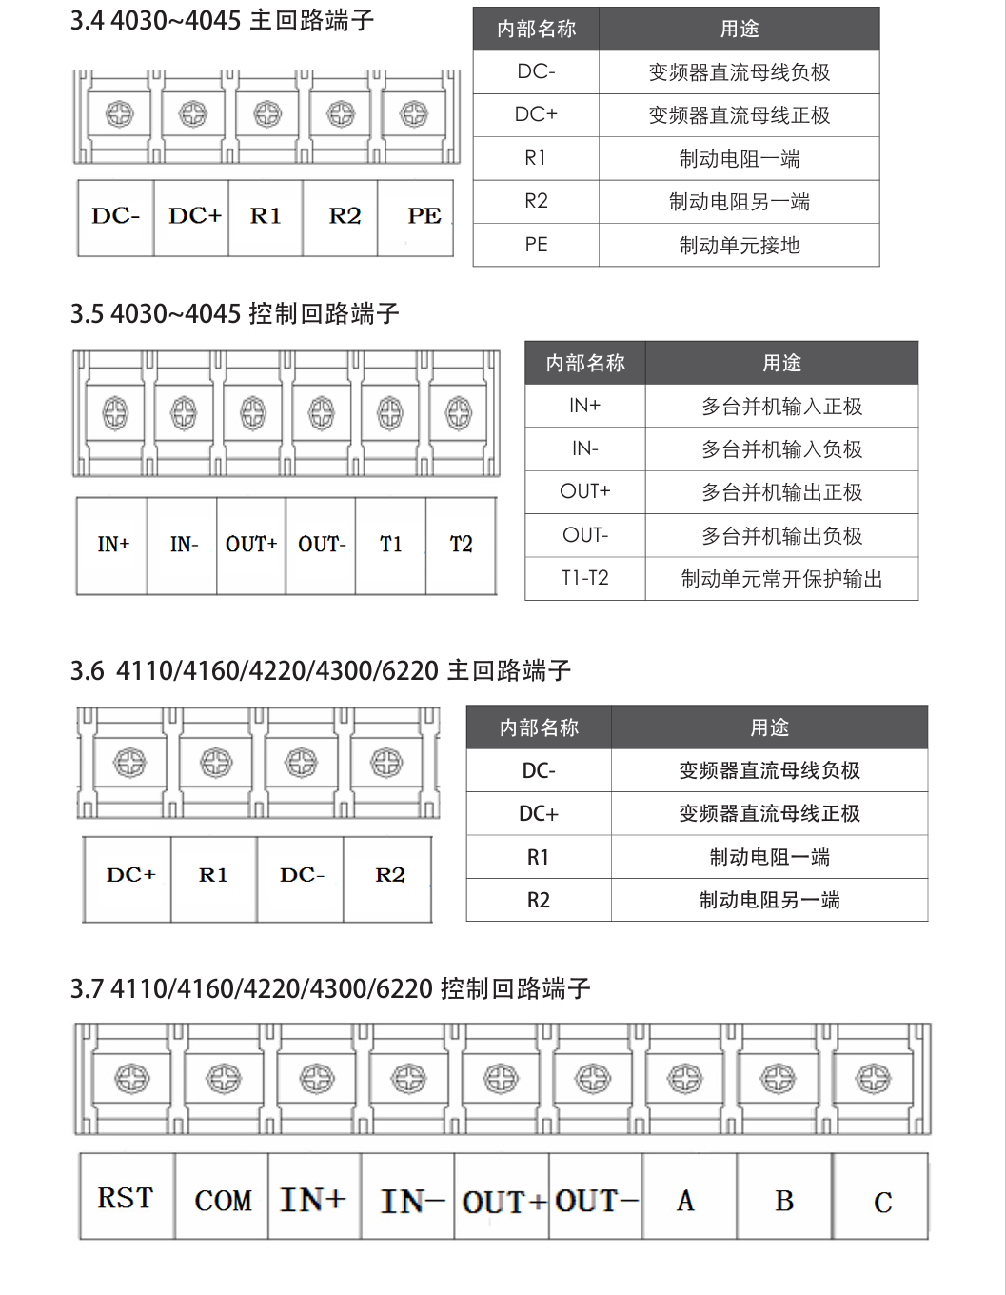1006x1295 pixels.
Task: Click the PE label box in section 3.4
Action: coord(416,217)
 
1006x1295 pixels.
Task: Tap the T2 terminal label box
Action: coord(461,545)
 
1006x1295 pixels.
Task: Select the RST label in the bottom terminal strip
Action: coord(126,1198)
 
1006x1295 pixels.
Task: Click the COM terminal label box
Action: coord(223,1200)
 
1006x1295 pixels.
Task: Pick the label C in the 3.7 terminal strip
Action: coord(882,1202)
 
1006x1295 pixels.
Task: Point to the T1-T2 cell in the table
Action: coord(584,578)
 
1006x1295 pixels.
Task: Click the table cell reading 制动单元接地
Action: coord(739,245)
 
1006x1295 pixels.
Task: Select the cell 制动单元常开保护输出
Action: coord(781,579)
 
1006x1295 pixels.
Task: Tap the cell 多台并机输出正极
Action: coord(781,492)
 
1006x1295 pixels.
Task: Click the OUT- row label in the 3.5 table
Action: coord(584,535)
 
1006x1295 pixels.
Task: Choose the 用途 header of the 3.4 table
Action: coord(739,29)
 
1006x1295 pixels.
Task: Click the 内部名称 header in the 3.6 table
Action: coord(539,727)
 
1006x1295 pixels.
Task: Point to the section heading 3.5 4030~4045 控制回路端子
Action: coord(234,313)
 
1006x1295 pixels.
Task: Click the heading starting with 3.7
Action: coord(329,988)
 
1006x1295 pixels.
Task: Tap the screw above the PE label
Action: coord(414,114)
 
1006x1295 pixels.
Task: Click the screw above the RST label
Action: coord(131,1079)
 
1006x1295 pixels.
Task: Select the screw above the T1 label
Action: coord(390,413)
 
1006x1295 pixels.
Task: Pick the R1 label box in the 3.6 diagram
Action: coord(213,875)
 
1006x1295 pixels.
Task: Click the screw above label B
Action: coord(778,1079)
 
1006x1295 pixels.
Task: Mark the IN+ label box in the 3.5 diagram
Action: coord(112,545)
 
